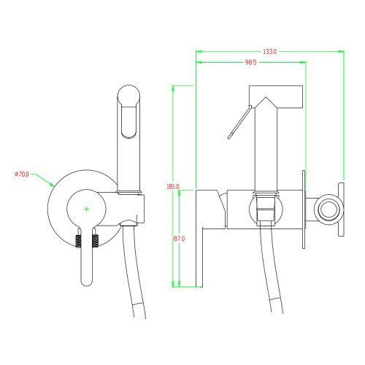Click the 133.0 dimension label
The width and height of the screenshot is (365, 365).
[x=269, y=52]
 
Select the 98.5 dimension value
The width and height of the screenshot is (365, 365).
[x=250, y=62]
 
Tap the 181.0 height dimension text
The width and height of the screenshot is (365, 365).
[x=173, y=186]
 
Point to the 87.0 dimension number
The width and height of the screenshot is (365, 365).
[x=179, y=239]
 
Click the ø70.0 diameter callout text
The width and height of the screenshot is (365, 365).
[x=22, y=174]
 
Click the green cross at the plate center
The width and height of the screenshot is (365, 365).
[x=86, y=209]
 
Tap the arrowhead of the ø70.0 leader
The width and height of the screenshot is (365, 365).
[x=52, y=184]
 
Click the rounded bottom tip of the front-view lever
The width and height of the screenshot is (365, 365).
[x=86, y=283]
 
